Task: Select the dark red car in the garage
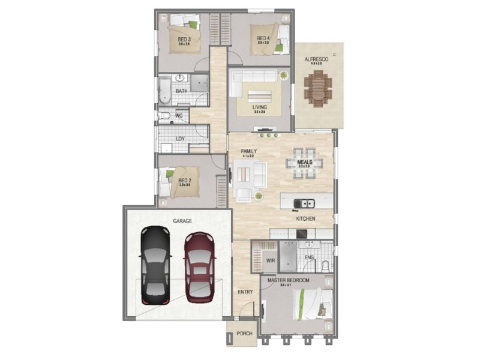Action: coord(199,268)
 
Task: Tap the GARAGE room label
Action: coord(182,221)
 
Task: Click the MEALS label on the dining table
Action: coord(304,162)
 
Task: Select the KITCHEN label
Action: coord(305,220)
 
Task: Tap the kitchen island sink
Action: coord(307,202)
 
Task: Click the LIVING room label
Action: coord(259,107)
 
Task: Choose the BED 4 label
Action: coord(262,37)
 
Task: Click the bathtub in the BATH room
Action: coord(164,91)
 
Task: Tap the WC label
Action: coord(179,116)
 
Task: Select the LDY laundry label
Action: coord(180,139)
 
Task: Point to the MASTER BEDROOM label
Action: coord(289,281)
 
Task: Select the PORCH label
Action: coord(243,334)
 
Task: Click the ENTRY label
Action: coord(245,292)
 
